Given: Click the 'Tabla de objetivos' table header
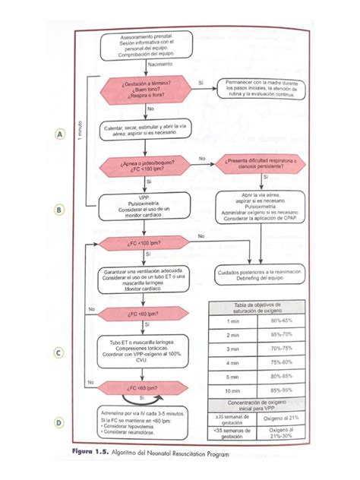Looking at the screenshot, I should tap(261, 308).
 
